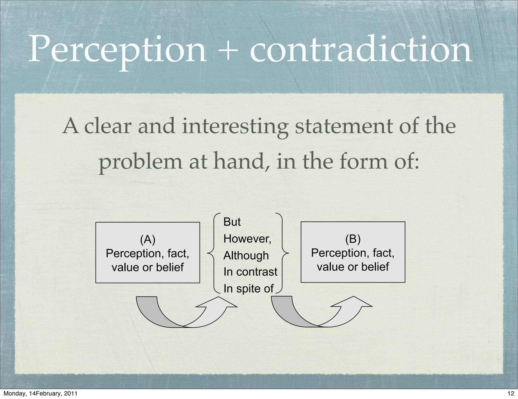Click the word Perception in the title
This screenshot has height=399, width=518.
coord(118,49)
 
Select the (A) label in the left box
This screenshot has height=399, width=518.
coord(148,239)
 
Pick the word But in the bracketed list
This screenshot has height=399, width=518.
coord(232,222)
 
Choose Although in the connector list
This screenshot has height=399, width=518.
coord(246,255)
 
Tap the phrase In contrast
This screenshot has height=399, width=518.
coord(250,272)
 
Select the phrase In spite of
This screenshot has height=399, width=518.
coord(248,289)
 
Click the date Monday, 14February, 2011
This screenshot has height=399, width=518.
coord(40,393)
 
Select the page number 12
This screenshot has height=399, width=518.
coord(511,393)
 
